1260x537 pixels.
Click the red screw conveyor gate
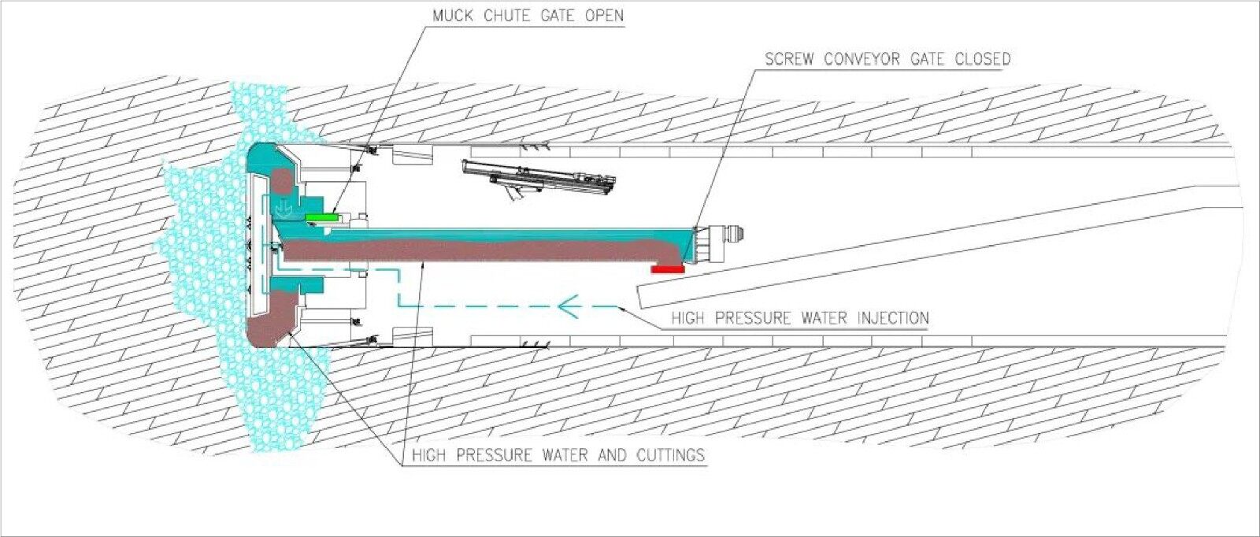668,269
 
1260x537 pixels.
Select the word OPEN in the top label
604,16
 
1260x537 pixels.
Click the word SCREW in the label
790,59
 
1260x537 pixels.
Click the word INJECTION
893,318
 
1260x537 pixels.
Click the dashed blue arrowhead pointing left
568,306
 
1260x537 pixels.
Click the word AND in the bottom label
613,455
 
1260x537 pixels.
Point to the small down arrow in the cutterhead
284,208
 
